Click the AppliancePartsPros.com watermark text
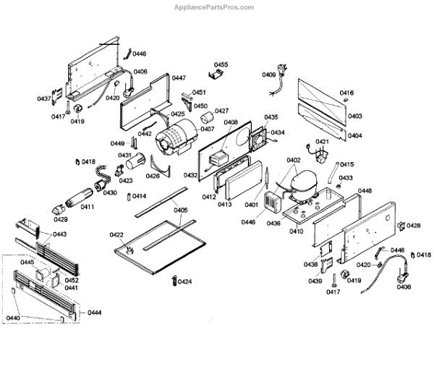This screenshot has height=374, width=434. click(214, 7)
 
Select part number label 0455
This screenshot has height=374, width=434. click(221, 65)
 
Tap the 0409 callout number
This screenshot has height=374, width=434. click(268, 75)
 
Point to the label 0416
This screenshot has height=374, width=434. click(346, 93)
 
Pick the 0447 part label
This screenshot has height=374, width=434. click(179, 78)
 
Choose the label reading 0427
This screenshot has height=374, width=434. click(221, 111)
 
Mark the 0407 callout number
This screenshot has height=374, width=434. click(208, 129)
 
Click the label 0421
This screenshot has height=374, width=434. click(322, 142)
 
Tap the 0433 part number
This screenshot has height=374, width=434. click(346, 178)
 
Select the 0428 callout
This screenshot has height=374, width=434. click(413, 226)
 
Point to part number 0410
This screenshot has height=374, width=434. click(296, 231)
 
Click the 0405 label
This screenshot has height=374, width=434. click(181, 211)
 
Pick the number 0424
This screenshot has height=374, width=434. click(184, 281)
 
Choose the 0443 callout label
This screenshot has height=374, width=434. click(60, 234)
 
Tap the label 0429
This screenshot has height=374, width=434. click(61, 219)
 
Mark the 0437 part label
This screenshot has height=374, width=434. click(44, 99)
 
